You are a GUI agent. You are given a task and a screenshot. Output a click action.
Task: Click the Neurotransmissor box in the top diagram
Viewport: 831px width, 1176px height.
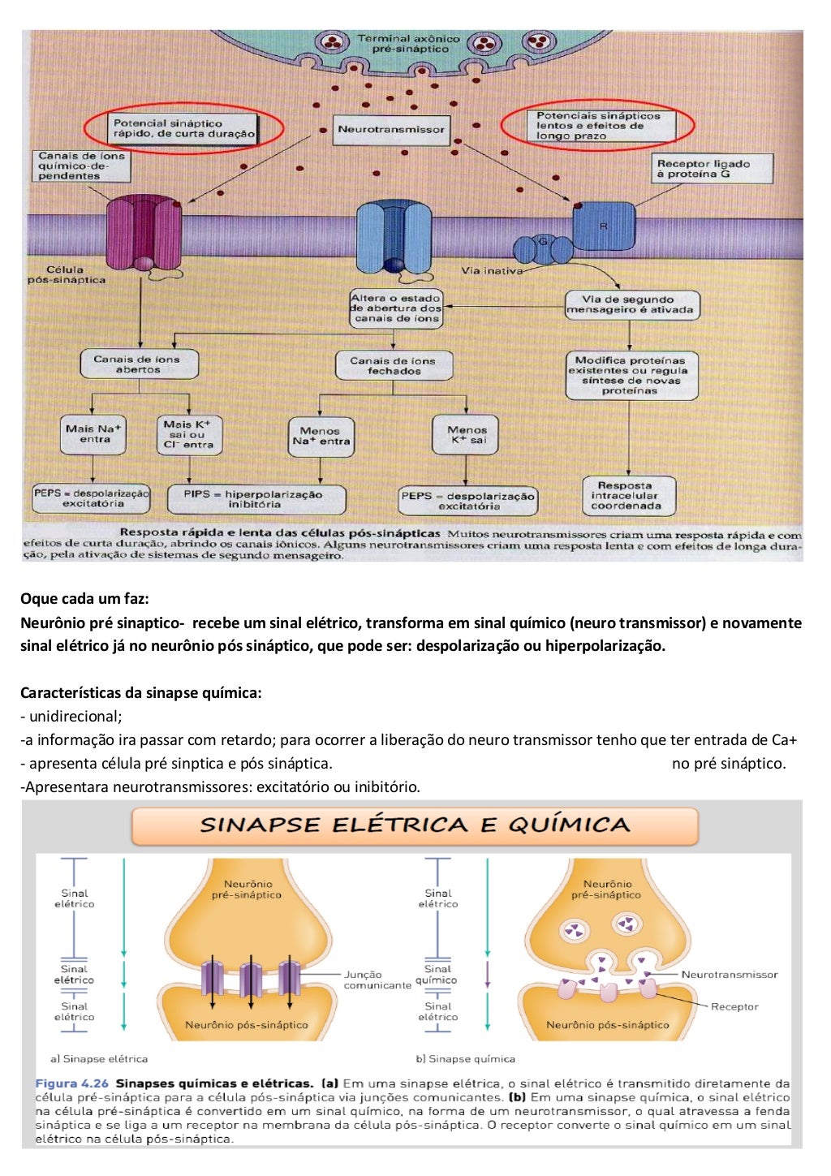(x=391, y=130)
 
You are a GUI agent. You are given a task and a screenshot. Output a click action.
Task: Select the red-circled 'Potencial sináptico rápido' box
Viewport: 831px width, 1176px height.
(x=183, y=128)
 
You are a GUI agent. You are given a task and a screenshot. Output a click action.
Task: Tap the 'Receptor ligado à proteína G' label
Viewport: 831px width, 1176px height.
(x=712, y=169)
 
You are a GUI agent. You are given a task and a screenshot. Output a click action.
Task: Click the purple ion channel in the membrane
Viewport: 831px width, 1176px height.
(x=144, y=233)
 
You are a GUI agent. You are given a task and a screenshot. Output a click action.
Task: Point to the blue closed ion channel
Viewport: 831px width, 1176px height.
(x=394, y=236)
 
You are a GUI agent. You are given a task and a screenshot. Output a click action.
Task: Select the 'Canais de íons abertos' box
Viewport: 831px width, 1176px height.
(x=139, y=364)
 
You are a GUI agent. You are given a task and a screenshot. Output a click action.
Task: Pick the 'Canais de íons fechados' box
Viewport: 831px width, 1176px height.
(x=394, y=365)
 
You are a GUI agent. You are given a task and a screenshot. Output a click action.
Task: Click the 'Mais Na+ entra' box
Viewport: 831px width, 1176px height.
(x=93, y=435)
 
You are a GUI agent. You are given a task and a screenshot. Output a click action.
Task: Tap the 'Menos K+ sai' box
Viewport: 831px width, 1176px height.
(x=465, y=435)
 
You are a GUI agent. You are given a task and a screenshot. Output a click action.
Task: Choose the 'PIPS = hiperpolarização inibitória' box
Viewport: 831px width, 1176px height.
(x=256, y=499)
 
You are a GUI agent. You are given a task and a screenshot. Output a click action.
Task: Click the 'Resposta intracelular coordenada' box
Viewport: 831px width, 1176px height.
(x=629, y=496)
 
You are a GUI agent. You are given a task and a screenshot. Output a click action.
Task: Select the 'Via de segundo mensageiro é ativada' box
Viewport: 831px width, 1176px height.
(x=632, y=304)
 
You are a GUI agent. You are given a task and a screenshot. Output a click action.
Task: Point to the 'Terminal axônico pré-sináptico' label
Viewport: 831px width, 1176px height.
(x=408, y=44)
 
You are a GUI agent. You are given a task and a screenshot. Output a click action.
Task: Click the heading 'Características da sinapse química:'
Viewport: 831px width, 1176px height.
(x=140, y=693)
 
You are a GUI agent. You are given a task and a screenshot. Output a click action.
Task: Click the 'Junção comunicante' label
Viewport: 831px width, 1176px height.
(x=377, y=980)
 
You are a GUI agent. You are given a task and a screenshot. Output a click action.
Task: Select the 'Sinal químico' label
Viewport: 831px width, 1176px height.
(x=437, y=975)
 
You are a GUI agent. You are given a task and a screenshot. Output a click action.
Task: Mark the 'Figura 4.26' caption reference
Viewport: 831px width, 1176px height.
(x=72, y=1083)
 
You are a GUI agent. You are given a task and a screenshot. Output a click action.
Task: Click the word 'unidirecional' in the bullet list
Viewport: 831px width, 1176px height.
(x=74, y=716)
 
